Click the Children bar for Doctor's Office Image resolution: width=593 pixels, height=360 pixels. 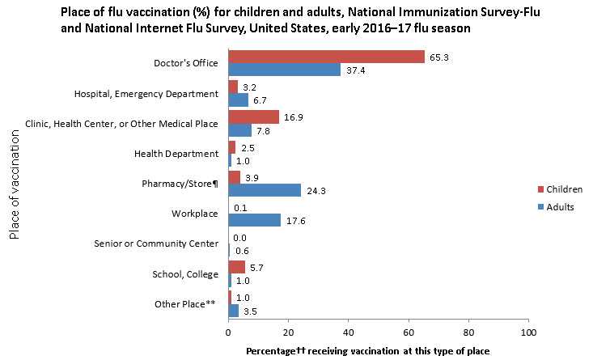pos(326,56)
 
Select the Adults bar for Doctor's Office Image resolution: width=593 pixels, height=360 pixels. pos(284,70)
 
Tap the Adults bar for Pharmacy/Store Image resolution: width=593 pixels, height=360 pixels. pos(265,190)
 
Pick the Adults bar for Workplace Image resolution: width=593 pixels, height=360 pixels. pos(254,220)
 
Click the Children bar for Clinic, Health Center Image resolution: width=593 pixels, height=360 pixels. pos(253,116)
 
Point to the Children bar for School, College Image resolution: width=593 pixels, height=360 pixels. pos(236,267)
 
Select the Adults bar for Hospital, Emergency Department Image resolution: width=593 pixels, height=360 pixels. pos(238,100)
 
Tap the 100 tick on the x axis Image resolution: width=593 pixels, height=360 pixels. pos(527,332)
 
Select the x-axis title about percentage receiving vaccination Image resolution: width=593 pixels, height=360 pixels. pos(368,349)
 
